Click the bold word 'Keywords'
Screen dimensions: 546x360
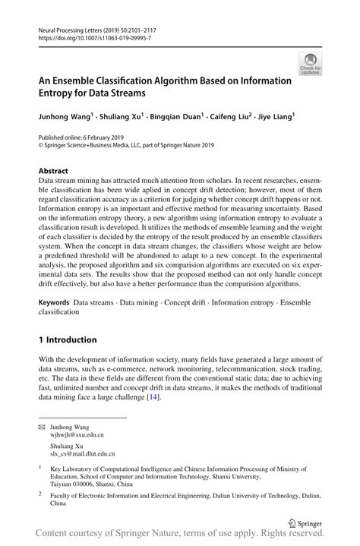56,302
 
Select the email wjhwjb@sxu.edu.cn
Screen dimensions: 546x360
77,436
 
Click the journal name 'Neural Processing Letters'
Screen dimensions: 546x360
68,27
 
